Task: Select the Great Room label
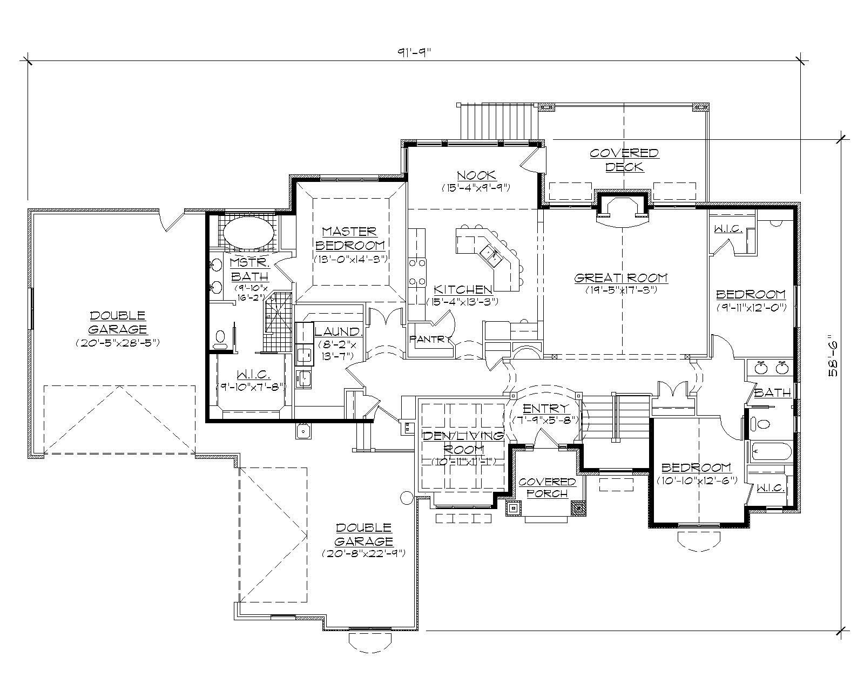click(621, 278)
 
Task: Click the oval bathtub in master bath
click(249, 233)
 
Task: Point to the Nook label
click(476, 175)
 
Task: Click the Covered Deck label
click(624, 160)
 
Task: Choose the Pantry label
click(430, 339)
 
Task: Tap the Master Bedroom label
click(349, 238)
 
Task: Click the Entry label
click(545, 408)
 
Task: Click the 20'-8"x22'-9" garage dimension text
click(363, 553)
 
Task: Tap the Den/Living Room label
click(463, 442)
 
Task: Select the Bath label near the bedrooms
click(773, 392)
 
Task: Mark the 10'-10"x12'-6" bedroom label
click(697, 480)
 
